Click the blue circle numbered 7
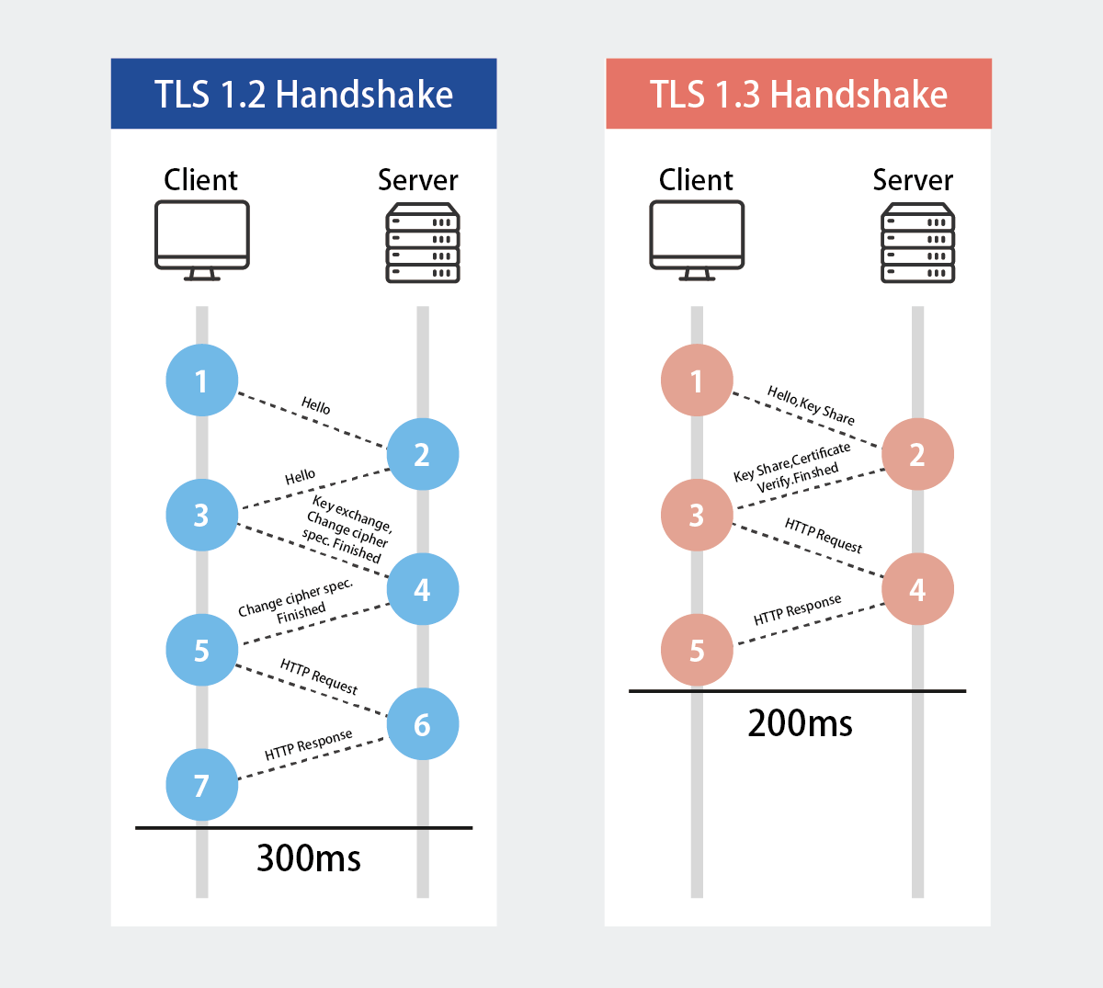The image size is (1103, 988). pyautogui.click(x=202, y=785)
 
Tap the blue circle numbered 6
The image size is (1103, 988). pyautogui.click(x=423, y=724)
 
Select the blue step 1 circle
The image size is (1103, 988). pyautogui.click(x=202, y=380)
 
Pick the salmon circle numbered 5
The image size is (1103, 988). pyautogui.click(x=697, y=650)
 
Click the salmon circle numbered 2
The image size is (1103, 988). pyautogui.click(x=917, y=454)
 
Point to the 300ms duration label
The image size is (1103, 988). pyautogui.click(x=309, y=858)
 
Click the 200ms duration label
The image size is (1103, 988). pyautogui.click(x=800, y=723)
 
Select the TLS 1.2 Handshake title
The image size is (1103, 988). pyautogui.click(x=303, y=94)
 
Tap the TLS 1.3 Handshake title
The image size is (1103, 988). pyautogui.click(x=799, y=94)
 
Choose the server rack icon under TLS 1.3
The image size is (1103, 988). pyautogui.click(x=917, y=244)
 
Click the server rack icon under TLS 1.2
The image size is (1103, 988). pyautogui.click(x=423, y=244)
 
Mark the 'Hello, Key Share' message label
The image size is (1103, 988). pyautogui.click(x=811, y=405)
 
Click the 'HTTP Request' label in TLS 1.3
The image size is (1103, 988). pyautogui.click(x=824, y=535)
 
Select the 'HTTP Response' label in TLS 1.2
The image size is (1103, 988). pyautogui.click(x=309, y=744)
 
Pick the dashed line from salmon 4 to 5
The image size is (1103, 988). pyautogui.click(x=809, y=623)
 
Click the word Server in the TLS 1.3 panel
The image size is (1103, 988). pyautogui.click(x=913, y=180)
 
